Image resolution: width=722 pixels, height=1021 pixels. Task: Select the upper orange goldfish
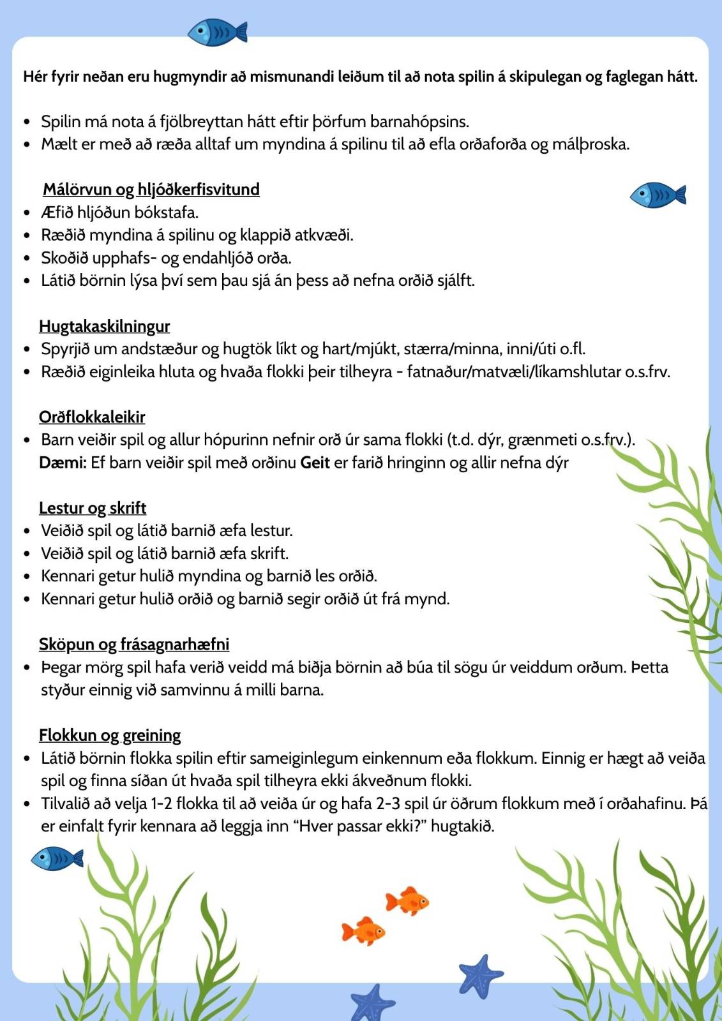point(407,901)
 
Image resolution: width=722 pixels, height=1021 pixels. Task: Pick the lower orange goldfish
point(363,931)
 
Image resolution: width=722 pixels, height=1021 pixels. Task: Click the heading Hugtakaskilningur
point(104,326)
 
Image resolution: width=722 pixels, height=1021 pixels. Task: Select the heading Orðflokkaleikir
point(92,417)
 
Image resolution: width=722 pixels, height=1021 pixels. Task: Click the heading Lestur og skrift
point(93,508)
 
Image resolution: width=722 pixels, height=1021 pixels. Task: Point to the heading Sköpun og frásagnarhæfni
point(134,644)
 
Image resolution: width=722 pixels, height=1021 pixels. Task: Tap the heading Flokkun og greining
point(110,735)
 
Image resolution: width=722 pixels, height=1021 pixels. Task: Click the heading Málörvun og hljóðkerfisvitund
point(151,190)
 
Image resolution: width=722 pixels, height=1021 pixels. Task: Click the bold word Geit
point(315,463)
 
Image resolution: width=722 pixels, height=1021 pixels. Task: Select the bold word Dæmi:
point(63,463)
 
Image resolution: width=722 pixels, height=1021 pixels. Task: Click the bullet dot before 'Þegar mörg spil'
point(27,667)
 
